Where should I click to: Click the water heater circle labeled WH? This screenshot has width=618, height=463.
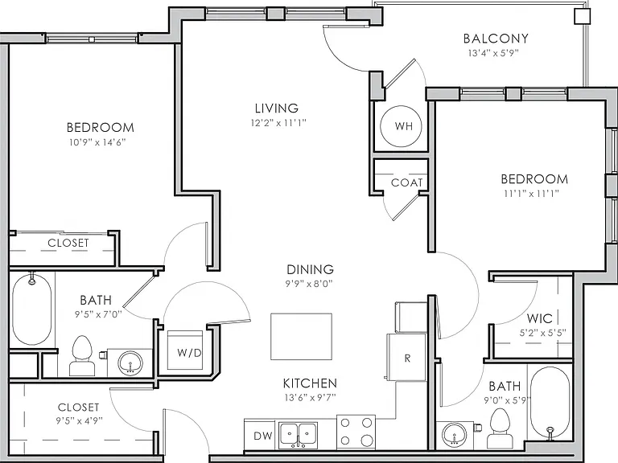[401, 126]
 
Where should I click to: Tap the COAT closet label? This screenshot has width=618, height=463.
[406, 182]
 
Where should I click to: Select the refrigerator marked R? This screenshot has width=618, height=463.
[406, 357]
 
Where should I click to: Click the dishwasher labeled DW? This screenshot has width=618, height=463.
[262, 436]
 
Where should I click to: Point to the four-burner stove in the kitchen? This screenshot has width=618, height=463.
[356, 432]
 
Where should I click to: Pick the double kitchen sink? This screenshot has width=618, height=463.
[298, 436]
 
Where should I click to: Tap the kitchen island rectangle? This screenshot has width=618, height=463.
[301, 337]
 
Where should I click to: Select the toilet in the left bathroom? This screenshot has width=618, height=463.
[82, 355]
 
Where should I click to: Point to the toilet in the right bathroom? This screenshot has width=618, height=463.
[500, 428]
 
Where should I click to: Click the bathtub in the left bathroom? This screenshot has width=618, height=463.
[31, 309]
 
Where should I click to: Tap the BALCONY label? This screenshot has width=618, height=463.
[496, 39]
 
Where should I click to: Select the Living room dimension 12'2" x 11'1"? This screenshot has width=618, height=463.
[278, 123]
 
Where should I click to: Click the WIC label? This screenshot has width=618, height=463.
[540, 318]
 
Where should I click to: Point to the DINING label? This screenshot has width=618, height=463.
[310, 270]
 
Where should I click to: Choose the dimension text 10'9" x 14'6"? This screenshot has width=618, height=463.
[97, 142]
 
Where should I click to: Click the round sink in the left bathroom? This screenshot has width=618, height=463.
[130, 363]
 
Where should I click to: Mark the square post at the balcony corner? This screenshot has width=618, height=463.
[582, 17]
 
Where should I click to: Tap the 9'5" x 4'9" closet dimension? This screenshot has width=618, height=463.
[79, 420]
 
